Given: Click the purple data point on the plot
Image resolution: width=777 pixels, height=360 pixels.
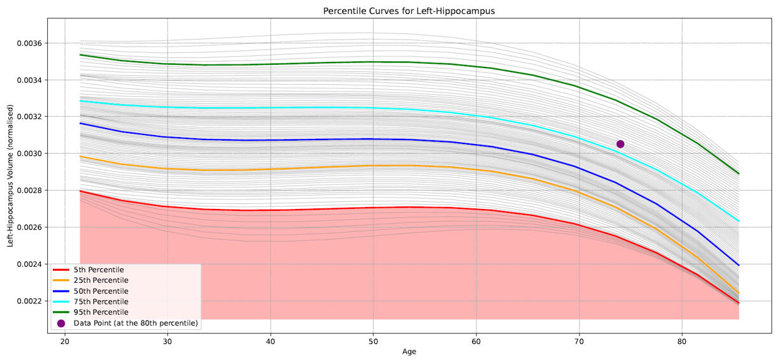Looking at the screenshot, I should pos(620,144).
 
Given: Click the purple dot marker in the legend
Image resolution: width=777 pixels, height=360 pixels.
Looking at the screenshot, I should pos(61,323).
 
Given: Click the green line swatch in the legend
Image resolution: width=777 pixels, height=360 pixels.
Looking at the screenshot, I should pos(61,312).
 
